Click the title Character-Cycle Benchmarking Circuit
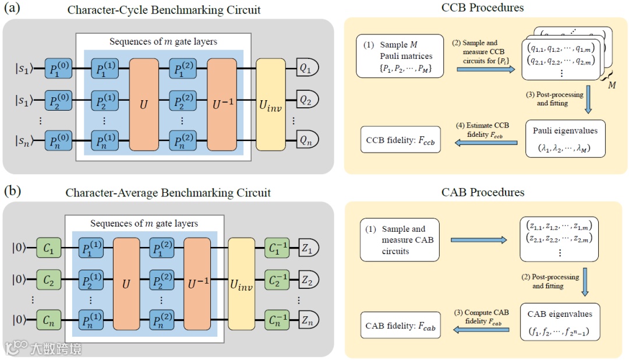164,10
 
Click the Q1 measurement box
308,68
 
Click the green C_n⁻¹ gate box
276,320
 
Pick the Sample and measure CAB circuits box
400,239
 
